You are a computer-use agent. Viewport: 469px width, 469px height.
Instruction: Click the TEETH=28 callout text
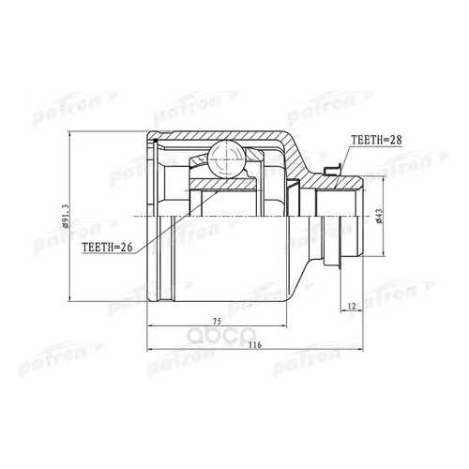click(x=376, y=140)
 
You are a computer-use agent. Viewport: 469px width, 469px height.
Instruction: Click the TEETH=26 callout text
click(x=107, y=247)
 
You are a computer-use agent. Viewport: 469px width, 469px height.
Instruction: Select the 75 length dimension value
click(x=217, y=321)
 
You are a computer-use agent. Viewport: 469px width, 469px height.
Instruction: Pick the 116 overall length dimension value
click(x=255, y=345)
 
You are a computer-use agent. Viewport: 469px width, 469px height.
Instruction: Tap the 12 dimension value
click(x=352, y=306)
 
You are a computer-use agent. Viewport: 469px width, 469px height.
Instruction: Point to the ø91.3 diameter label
click(x=65, y=216)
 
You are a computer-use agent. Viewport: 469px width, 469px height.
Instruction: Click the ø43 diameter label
click(x=379, y=216)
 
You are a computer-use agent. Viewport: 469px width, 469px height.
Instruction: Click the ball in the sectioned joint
click(x=225, y=159)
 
